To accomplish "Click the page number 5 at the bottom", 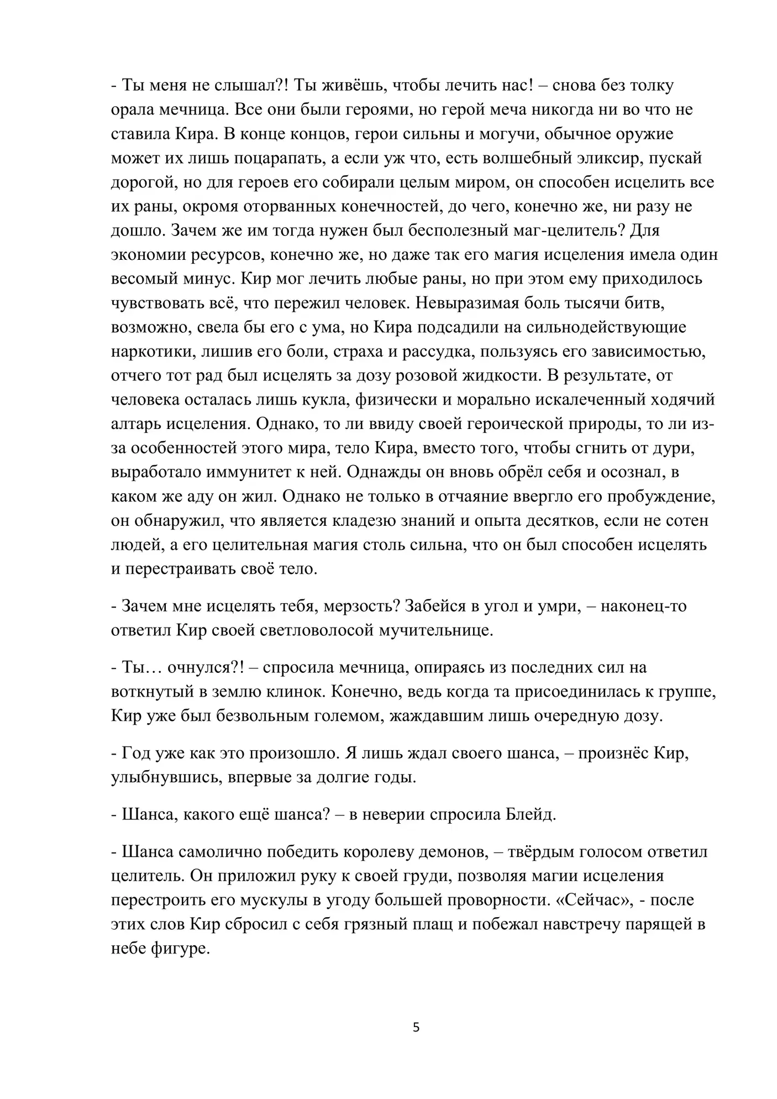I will coord(416,1028).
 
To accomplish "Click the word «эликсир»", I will coord(606,158).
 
